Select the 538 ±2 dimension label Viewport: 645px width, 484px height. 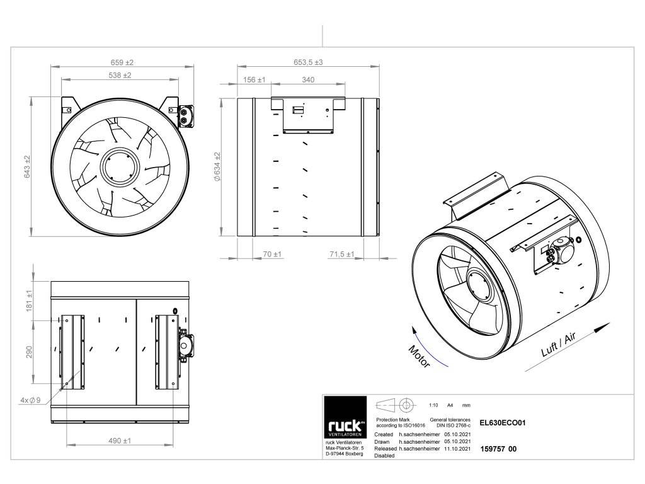click(118, 75)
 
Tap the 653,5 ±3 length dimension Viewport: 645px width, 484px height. click(309, 62)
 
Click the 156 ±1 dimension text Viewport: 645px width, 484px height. click(254, 80)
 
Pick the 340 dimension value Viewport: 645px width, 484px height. click(309, 80)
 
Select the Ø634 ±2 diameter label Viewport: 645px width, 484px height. click(217, 167)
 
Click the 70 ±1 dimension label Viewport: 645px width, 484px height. click(271, 254)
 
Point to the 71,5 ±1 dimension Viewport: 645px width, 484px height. click(343, 254)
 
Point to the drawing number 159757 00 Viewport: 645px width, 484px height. click(498, 449)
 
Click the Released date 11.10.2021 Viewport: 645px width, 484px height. click(457, 449)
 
